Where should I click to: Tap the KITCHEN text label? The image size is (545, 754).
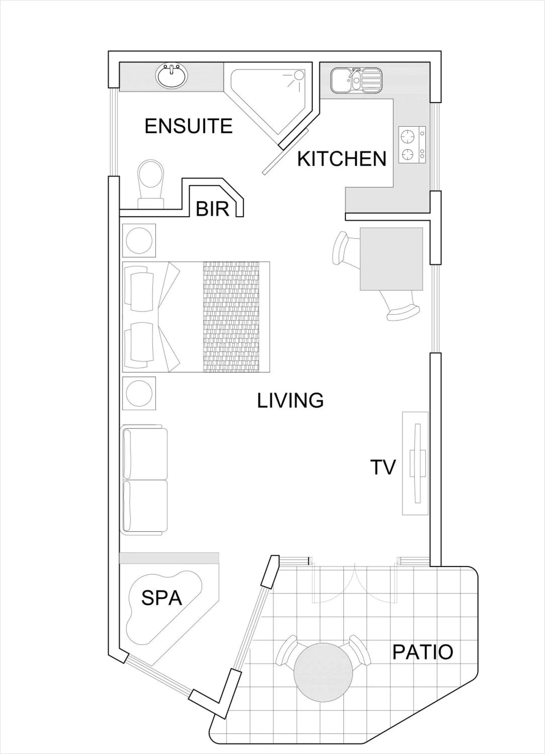(341, 159)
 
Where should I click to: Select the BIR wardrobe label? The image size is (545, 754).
(212, 209)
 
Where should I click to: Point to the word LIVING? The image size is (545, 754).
(290, 400)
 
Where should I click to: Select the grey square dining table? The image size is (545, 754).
(391, 259)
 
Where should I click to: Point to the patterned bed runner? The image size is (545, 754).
(231, 317)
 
